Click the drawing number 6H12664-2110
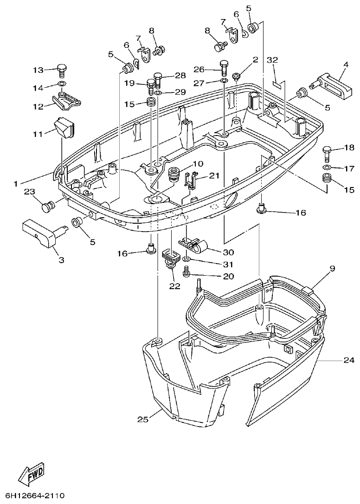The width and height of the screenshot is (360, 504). coord(34,496)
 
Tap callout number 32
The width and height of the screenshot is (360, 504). coord(272,60)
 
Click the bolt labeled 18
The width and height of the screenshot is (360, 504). coord(327,151)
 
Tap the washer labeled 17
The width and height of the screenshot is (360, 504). coord(327,167)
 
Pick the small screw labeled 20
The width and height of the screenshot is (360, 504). coord(187,272)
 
